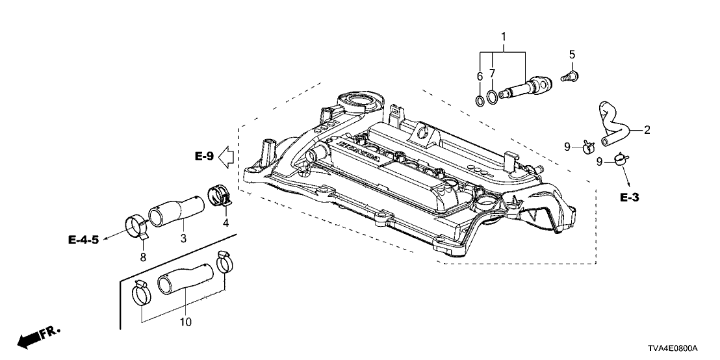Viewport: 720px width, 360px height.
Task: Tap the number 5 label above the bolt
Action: point(572,54)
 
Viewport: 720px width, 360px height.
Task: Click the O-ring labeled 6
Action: point(478,100)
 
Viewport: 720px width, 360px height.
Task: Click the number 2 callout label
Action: point(647,130)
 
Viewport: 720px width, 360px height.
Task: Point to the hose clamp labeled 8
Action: point(137,226)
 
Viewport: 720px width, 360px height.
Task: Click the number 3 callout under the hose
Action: point(184,239)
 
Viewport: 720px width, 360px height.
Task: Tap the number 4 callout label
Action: point(225,223)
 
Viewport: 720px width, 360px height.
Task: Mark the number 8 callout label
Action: point(143,257)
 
